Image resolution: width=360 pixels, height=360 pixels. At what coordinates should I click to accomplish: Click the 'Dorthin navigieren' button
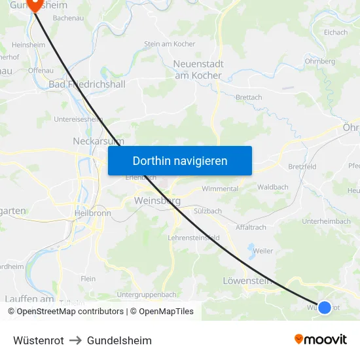coord(180,160)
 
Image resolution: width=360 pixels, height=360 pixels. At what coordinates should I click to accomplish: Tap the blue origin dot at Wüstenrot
coord(324,307)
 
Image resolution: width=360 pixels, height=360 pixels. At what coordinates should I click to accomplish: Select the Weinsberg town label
coord(157,201)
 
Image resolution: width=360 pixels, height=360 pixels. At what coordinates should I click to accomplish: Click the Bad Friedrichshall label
coord(87,84)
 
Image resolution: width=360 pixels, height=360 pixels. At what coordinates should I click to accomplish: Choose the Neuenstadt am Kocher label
coord(198,69)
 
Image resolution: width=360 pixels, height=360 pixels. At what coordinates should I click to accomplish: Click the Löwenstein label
coord(247,281)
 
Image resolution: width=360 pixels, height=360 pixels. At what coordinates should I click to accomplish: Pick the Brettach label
coord(249,98)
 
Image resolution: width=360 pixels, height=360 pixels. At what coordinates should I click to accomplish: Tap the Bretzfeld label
coord(302,167)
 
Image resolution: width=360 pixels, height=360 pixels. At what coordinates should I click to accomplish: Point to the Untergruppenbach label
coord(147,295)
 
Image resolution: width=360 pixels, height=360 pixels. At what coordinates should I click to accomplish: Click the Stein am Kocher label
coord(170,44)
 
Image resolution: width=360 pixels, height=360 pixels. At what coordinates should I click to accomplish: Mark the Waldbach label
coord(273,187)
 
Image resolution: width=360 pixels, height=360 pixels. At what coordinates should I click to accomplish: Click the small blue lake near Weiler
coord(251,248)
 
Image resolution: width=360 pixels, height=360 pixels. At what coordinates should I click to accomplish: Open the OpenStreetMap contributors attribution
coord(65,312)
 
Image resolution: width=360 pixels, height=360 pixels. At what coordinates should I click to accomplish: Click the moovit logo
coord(321,340)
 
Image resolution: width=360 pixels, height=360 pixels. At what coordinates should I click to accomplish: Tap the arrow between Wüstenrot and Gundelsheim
coord(75,340)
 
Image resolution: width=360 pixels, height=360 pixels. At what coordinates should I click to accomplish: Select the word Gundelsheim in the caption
coord(119,340)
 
